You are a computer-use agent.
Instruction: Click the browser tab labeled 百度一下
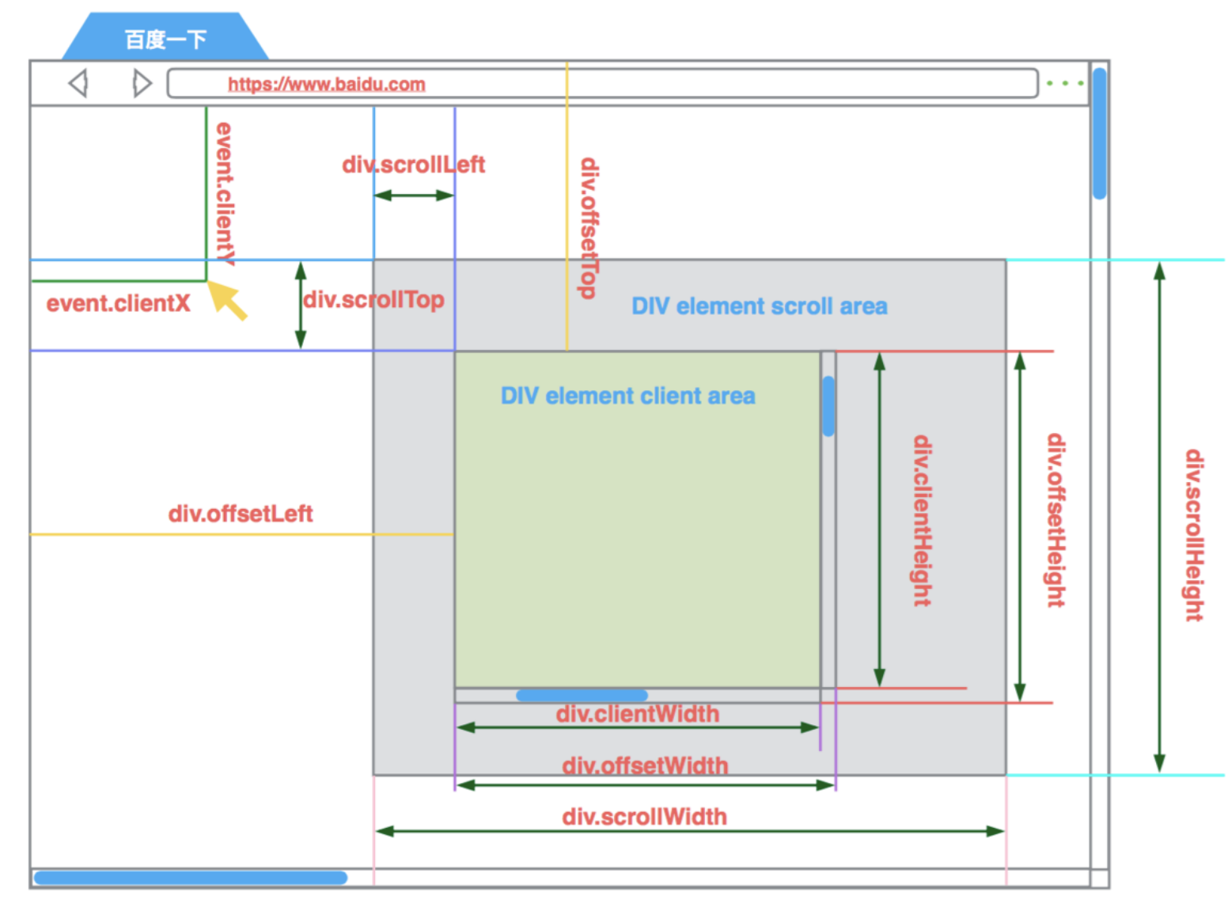(165, 39)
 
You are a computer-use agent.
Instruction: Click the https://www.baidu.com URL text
(326, 84)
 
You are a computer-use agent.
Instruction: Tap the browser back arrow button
(78, 83)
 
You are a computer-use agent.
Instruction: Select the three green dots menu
(1064, 83)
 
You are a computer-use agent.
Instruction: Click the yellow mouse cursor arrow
(227, 300)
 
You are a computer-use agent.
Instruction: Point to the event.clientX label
(118, 303)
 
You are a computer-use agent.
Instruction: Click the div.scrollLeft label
(413, 165)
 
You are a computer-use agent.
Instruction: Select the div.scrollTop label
(373, 300)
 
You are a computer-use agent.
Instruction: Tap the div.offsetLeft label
(241, 514)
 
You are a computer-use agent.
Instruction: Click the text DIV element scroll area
(759, 306)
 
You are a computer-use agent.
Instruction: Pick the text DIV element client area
(627, 396)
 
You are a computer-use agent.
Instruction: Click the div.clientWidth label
(637, 714)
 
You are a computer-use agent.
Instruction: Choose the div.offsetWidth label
(645, 765)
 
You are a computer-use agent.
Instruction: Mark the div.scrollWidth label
(644, 817)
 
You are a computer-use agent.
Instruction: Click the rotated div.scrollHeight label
(1194, 535)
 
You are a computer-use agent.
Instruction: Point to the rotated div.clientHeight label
(922, 520)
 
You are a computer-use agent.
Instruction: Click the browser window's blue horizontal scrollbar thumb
(190, 877)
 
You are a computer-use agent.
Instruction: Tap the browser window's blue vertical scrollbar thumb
(1099, 133)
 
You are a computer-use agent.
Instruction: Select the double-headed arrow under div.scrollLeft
(414, 195)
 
